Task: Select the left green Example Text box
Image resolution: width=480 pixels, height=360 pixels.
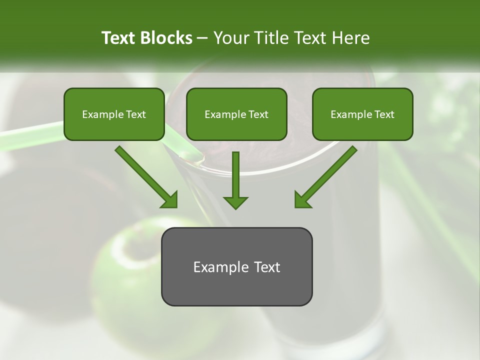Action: click(x=114, y=114)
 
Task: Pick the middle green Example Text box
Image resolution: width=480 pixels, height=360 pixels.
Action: click(x=236, y=114)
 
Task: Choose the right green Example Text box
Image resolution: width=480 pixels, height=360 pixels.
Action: click(x=362, y=114)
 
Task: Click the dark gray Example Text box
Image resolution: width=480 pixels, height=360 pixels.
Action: click(x=236, y=266)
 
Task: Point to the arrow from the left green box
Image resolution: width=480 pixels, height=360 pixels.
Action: click(x=145, y=176)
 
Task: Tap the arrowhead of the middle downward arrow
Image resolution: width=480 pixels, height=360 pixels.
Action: click(x=235, y=201)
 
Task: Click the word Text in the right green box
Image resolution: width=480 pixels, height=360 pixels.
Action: click(x=384, y=114)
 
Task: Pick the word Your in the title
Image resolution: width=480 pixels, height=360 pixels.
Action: click(x=229, y=38)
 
